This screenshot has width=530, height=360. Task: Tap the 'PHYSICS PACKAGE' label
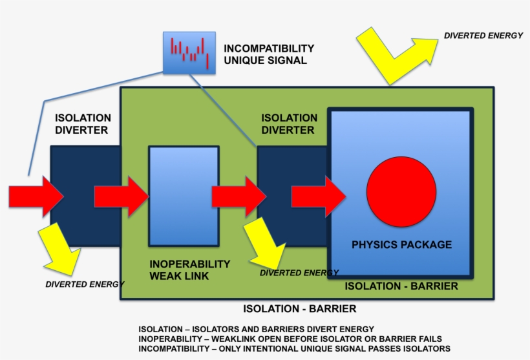[401, 245]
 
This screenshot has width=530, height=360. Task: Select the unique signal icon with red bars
[188, 52]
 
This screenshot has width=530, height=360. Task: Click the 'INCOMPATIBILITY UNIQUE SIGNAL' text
[268, 54]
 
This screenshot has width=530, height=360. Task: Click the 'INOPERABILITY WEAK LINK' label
[189, 270]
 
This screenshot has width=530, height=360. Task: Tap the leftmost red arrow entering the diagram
[36, 196]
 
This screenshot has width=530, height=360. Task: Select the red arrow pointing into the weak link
[121, 196]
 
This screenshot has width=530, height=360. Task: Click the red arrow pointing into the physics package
[318, 196]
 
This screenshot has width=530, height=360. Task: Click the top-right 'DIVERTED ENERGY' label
[483, 36]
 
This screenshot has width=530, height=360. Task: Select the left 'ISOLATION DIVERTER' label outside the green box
[83, 123]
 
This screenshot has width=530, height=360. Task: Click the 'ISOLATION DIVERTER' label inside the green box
[289, 123]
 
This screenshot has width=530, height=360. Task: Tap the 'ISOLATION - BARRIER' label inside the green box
[401, 286]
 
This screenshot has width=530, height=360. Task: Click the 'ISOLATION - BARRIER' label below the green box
[299, 309]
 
